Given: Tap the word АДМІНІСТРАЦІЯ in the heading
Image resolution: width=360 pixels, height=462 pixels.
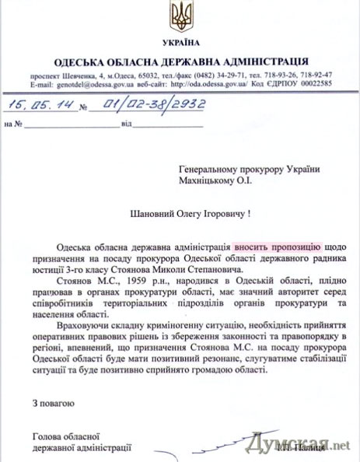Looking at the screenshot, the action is click(x=261, y=61).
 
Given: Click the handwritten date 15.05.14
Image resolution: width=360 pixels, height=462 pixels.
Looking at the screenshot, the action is click(x=33, y=104).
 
